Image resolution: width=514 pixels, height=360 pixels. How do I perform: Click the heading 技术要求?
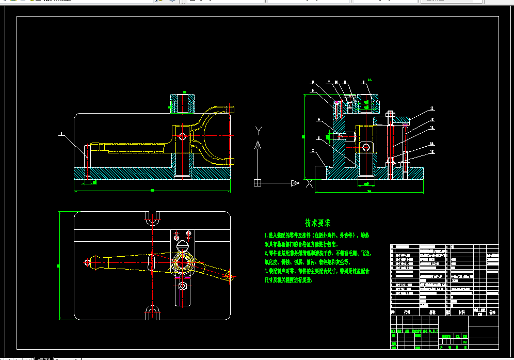pos(317,223)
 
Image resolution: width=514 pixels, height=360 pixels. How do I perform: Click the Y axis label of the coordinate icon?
pos(259,130)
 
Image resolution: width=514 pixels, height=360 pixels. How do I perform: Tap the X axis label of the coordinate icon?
pos(309,183)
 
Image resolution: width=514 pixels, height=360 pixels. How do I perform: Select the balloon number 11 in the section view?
pos(432,109)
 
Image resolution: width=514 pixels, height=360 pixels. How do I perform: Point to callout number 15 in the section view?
pos(432,152)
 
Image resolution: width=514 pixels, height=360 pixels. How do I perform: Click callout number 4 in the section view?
pos(318,120)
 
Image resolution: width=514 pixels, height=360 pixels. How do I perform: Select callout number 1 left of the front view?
pos(61,134)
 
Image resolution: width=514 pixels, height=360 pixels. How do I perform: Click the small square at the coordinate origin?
pos(258,182)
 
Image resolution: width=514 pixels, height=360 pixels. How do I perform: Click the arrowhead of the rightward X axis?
pos(295,182)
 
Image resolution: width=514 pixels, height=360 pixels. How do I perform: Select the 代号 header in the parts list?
pos(407,312)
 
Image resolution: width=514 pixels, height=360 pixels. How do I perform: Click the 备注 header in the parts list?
pos(492,312)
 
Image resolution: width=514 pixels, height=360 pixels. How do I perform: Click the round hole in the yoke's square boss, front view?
pos(182,136)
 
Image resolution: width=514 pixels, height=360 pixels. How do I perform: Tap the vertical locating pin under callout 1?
pos(87,162)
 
